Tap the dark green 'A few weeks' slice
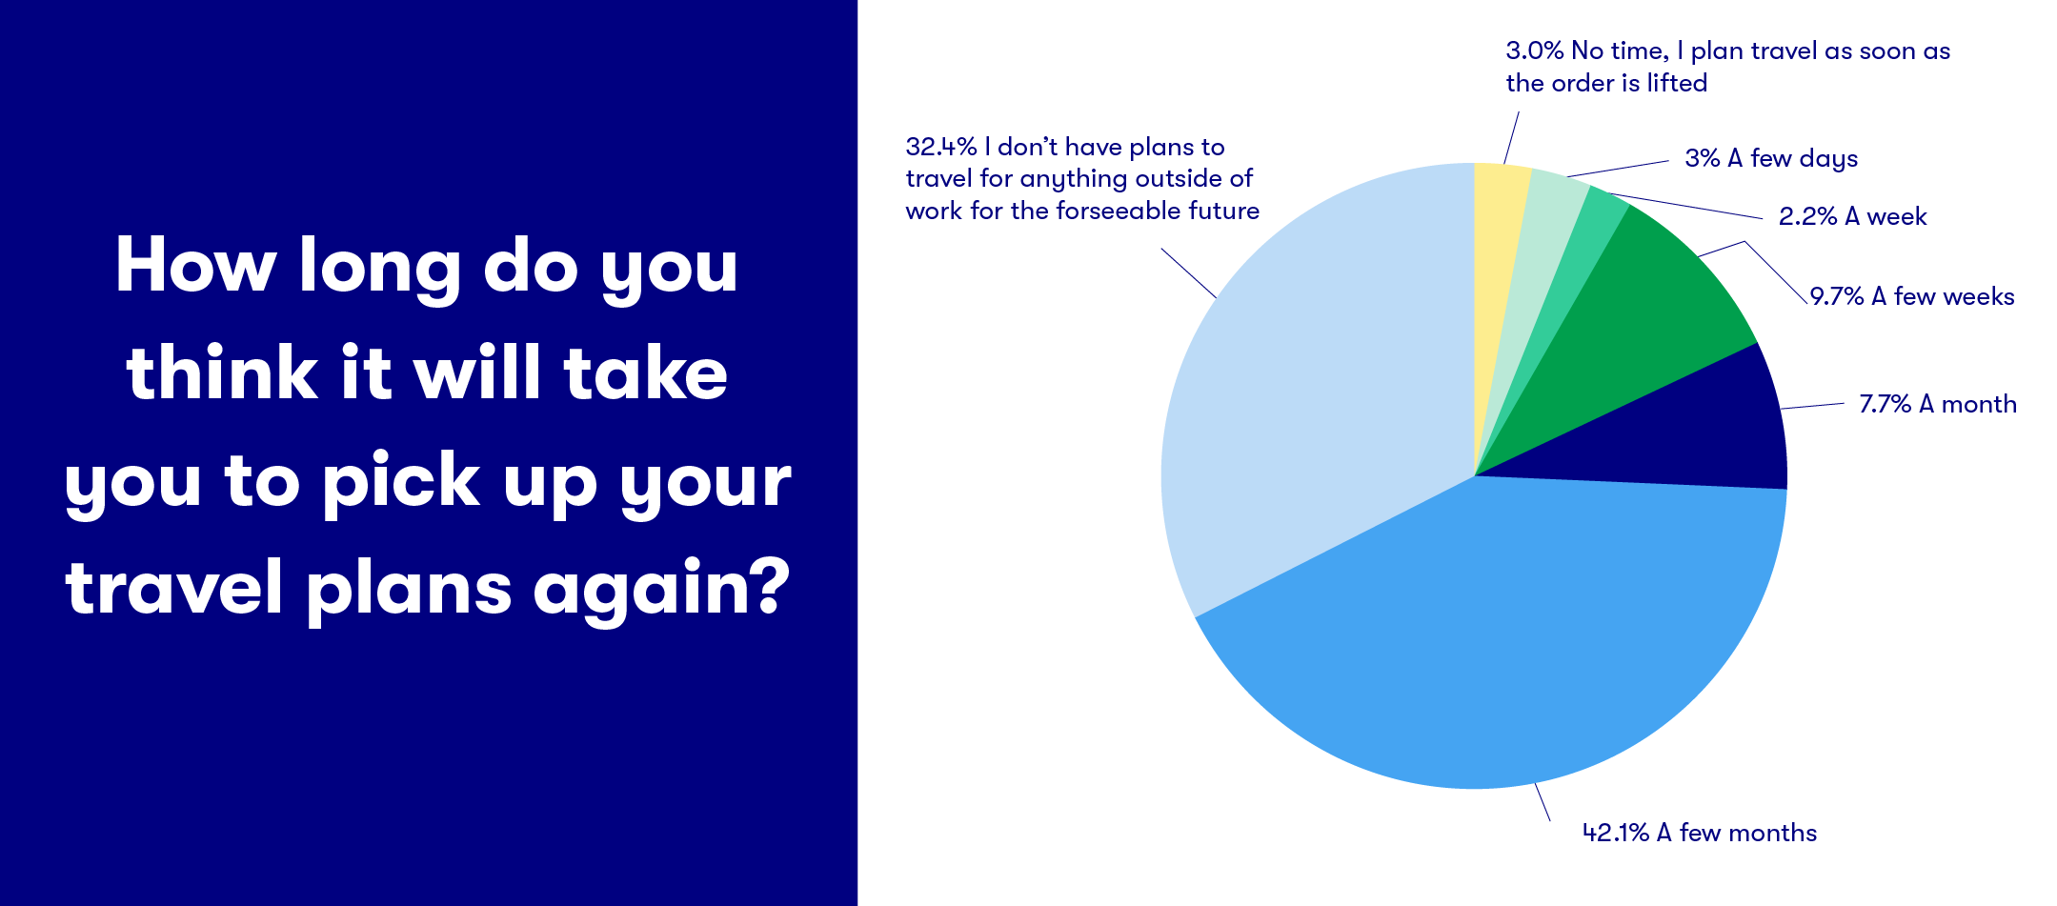coord(1648,314)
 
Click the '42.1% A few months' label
coord(1700,833)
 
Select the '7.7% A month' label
coord(1938,404)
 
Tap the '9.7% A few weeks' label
coord(1912,296)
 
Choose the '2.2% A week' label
coord(1852,216)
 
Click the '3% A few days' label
coord(1771,159)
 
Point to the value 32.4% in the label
coord(940,147)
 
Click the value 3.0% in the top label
coord(1534,50)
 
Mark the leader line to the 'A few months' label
coord(1543,801)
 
